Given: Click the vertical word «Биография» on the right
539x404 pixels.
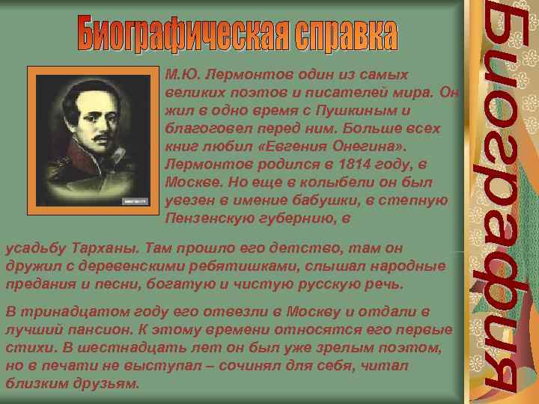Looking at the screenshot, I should click(x=498, y=202).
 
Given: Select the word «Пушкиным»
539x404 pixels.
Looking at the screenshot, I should click(x=359, y=111).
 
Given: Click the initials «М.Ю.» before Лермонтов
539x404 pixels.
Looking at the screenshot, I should click(x=178, y=75).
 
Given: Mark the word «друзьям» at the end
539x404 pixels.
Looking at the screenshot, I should click(x=112, y=383).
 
